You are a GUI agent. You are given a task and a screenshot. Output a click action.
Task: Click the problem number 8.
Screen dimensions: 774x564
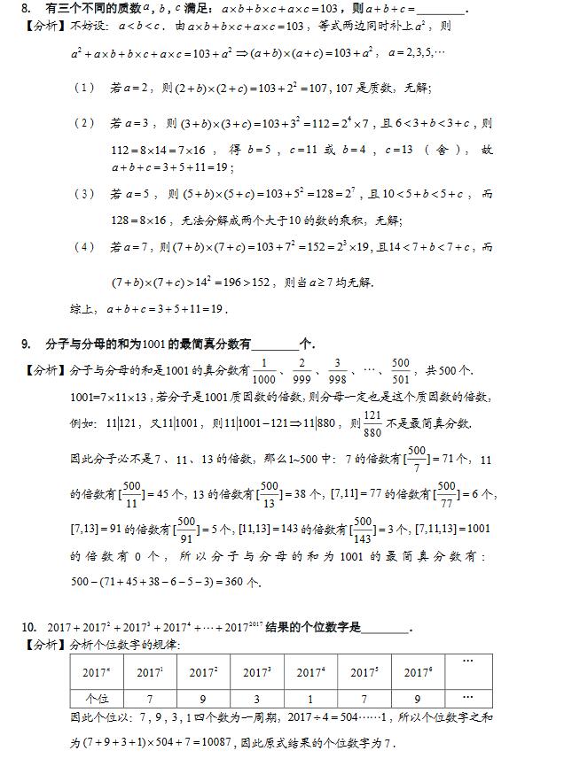pyautogui.click(x=26, y=9)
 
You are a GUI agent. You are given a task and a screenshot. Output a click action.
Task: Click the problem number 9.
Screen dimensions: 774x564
pyautogui.click(x=26, y=344)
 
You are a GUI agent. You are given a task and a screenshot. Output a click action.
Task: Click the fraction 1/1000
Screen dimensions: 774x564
pyautogui.click(x=263, y=370)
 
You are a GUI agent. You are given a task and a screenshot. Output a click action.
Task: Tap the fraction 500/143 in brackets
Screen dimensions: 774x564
pyautogui.click(x=364, y=529)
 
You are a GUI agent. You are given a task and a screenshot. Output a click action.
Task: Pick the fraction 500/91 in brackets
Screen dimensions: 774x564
pyautogui.click(x=187, y=529)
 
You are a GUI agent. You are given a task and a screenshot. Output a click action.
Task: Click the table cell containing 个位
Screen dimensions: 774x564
pyautogui.click(x=96, y=696)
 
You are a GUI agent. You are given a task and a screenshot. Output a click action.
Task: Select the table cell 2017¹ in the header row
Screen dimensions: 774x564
pyautogui.click(x=150, y=672)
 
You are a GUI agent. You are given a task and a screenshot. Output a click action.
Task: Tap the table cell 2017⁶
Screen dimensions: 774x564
pyautogui.click(x=417, y=672)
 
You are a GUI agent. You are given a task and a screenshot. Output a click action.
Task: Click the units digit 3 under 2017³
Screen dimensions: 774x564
pyautogui.click(x=256, y=697)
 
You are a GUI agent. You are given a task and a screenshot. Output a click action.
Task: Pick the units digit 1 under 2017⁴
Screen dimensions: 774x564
pyautogui.click(x=309, y=697)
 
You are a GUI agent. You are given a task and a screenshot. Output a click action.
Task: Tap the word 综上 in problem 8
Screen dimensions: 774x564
pyautogui.click(x=82, y=309)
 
